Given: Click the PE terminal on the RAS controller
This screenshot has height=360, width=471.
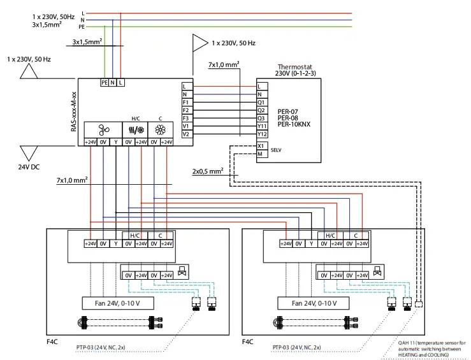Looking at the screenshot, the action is click(x=105, y=83).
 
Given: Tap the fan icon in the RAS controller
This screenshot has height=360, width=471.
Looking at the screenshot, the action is click(x=103, y=130).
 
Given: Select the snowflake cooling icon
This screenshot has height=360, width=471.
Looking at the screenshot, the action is click(x=161, y=130).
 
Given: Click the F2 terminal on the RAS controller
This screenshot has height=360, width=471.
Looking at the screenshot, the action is click(x=187, y=110).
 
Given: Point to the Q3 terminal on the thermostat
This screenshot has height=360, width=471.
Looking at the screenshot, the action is click(x=262, y=119).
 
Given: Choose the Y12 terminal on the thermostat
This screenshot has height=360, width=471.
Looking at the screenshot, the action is click(x=262, y=134).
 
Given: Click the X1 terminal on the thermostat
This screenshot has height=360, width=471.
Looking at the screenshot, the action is click(x=262, y=146).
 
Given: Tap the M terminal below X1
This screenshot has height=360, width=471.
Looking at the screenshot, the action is click(x=262, y=154).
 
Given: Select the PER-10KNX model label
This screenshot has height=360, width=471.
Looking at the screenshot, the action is click(x=294, y=124).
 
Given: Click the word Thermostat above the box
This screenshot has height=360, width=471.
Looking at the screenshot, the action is click(x=294, y=67).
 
